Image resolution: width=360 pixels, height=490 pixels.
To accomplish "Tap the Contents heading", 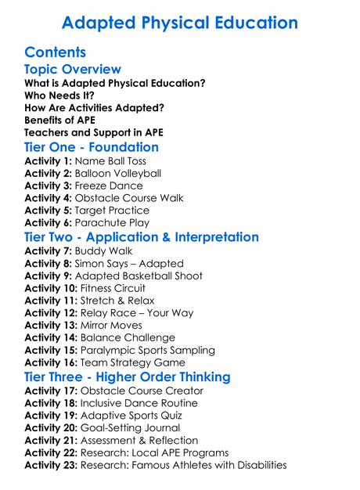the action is pos(56,53).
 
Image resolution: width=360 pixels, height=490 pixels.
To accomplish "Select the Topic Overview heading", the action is pos(73,70).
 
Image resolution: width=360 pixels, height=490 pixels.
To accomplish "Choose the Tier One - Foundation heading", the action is pos(92,147).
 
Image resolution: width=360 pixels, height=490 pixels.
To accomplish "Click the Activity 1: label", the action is pos(48,161).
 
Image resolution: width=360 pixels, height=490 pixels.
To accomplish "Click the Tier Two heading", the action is pos(142,237).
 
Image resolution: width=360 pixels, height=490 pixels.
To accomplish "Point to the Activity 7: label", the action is pos(48,251).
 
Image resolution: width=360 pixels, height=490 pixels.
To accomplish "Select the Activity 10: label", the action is pos(51,289).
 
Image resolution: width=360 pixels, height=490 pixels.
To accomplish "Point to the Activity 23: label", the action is pos(51,465).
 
